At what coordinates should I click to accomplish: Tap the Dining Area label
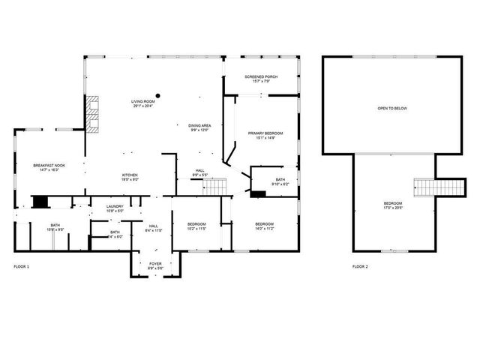199,125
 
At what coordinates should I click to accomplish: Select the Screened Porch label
262,77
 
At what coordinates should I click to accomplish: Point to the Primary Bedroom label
266,133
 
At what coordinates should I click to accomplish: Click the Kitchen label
130,175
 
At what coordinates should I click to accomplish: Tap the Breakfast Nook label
49,165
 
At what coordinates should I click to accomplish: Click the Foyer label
154,263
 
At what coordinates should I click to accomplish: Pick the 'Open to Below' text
392,109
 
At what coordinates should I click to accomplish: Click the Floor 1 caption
22,266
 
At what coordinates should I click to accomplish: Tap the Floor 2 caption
360,266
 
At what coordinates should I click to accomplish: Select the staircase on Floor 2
424,187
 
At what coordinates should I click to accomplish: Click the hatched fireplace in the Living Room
91,114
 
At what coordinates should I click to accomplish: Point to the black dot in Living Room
157,95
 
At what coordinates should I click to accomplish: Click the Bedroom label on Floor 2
392,203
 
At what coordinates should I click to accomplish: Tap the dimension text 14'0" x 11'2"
265,229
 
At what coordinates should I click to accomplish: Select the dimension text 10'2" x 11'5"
196,229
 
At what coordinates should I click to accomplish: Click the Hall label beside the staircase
200,170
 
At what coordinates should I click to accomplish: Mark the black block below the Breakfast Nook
40,202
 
